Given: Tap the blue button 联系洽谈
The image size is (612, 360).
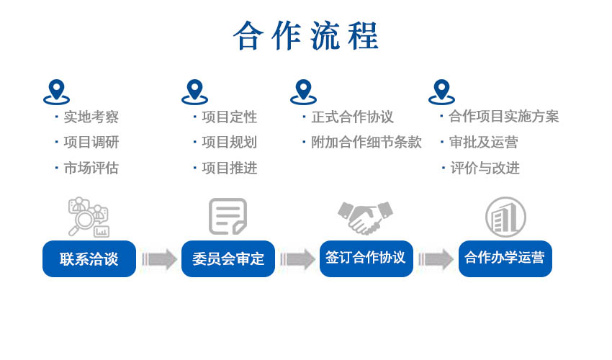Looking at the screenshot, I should point(89,258).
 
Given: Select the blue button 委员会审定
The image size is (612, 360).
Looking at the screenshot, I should point(228,258).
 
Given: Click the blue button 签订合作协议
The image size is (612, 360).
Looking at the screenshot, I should point(366,258).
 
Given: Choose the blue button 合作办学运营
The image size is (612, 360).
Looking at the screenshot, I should point(505,258).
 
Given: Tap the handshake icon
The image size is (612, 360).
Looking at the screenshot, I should point(366,217).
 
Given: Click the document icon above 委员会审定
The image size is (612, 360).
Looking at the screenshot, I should point(228,216).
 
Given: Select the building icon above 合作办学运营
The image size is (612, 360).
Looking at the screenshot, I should point(505,217).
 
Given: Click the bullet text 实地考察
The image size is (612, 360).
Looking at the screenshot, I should point(91,117).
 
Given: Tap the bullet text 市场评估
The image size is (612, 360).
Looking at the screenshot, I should point(91,168).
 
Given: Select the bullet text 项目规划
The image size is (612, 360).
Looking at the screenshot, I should point(229,143).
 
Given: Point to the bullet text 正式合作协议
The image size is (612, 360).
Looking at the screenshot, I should point(352,117).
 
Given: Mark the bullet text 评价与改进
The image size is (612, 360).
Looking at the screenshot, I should point(485,168).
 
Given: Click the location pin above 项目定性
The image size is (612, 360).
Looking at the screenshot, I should point(194,92).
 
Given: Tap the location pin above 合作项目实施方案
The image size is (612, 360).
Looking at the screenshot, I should point(441,92).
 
